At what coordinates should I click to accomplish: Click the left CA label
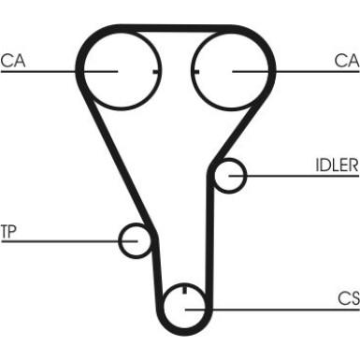pyautogui.click(x=13, y=61)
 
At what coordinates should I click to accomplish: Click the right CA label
pyautogui.click(x=347, y=61)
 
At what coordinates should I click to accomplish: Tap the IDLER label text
pyautogui.click(x=337, y=166)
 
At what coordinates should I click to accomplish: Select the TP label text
pyautogui.click(x=8, y=232)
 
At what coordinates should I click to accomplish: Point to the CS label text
pyautogui.click(x=349, y=298)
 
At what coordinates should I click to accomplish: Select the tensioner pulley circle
pyautogui.click(x=120, y=240)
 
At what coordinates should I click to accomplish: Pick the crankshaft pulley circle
pyautogui.click(x=165, y=310)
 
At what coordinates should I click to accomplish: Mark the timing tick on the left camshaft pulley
pyautogui.click(x=157, y=72)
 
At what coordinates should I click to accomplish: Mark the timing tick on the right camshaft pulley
pyautogui.click(x=195, y=72)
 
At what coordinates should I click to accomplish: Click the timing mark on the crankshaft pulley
pyautogui.click(x=184, y=289)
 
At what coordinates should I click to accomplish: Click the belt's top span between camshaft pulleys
pyautogui.click(x=177, y=28)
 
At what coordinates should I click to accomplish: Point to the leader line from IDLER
pyautogui.click(x=294, y=176)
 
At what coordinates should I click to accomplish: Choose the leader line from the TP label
pyautogui.click(x=69, y=241)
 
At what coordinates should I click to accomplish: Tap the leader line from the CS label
pyautogui.click(x=272, y=310)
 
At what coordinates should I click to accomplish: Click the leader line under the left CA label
pyautogui.click(x=59, y=72)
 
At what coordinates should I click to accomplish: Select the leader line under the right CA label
pyautogui.click(x=295, y=72)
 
